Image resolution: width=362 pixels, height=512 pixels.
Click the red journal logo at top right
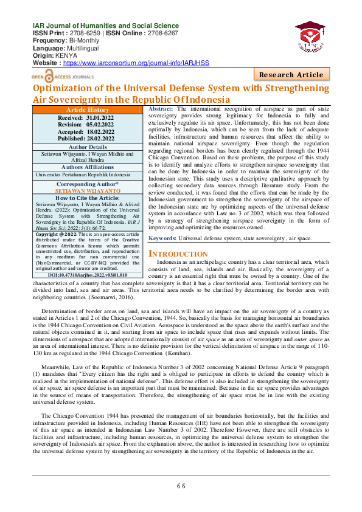pyautogui.click(x=313, y=38)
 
